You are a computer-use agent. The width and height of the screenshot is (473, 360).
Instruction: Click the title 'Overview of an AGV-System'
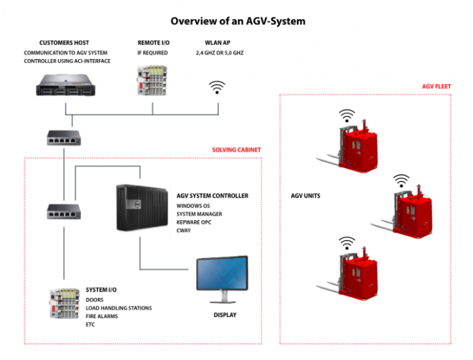pyautogui.click(x=238, y=22)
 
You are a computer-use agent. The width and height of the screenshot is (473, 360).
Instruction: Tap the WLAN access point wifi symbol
pyautogui.click(x=216, y=87)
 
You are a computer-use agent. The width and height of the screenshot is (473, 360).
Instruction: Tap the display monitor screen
pyautogui.click(x=222, y=274)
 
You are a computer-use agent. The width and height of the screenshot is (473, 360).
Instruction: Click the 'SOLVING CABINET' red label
pyautogui.click(x=236, y=150)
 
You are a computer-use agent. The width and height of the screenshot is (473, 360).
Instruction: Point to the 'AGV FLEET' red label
pyautogui.click(x=437, y=87)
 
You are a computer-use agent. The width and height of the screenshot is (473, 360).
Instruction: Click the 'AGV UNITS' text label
pyautogui.click(x=305, y=196)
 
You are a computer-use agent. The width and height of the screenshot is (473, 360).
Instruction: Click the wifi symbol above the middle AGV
pyautogui.click(x=402, y=180)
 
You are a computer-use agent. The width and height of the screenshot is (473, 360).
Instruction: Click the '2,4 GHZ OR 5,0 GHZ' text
pyautogui.click(x=219, y=53)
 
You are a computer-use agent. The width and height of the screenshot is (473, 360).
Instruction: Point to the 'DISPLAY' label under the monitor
pyautogui.click(x=225, y=315)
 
